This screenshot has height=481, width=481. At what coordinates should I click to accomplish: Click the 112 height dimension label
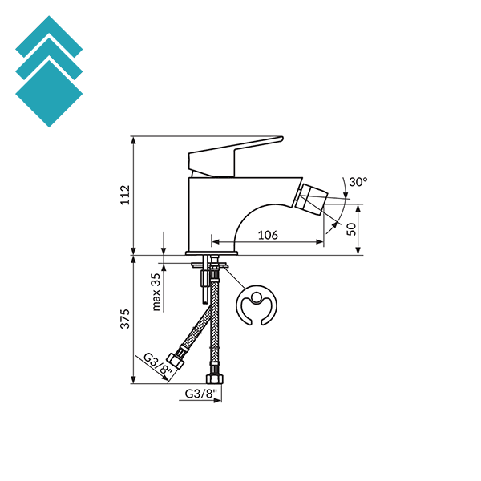(124, 195)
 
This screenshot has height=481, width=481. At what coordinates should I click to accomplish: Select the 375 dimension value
(124, 319)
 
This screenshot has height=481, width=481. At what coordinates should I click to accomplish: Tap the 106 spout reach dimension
(269, 234)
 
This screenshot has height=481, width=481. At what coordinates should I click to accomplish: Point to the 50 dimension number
(351, 228)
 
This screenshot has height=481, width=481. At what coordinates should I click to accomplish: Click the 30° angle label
(358, 183)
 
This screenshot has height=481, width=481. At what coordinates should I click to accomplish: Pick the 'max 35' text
(156, 291)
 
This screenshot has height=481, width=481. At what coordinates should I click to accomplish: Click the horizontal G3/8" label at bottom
(200, 394)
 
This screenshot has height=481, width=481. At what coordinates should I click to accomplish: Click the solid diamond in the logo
(49, 93)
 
